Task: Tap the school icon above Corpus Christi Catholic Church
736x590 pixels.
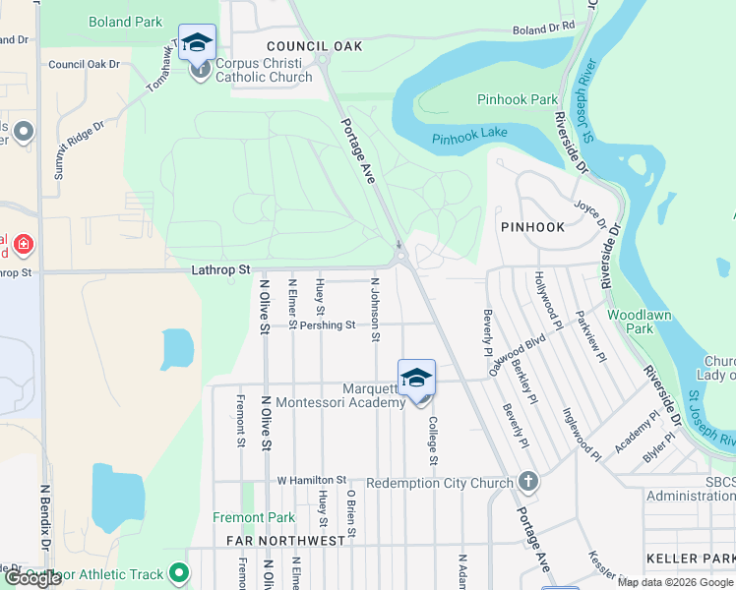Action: (x=199, y=42)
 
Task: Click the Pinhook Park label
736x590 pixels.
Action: (x=518, y=99)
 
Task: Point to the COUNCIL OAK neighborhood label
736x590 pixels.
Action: (x=315, y=46)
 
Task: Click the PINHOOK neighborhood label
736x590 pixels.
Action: (x=532, y=227)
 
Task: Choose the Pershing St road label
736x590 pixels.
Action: (x=328, y=324)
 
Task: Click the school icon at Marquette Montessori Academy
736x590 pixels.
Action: (x=416, y=378)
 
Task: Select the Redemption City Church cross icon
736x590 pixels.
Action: (x=528, y=482)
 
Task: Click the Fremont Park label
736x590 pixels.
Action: (x=254, y=517)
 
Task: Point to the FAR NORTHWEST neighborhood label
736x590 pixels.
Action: (x=286, y=541)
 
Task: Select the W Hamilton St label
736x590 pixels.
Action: (x=312, y=481)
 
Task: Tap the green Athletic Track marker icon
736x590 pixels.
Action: (x=178, y=571)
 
